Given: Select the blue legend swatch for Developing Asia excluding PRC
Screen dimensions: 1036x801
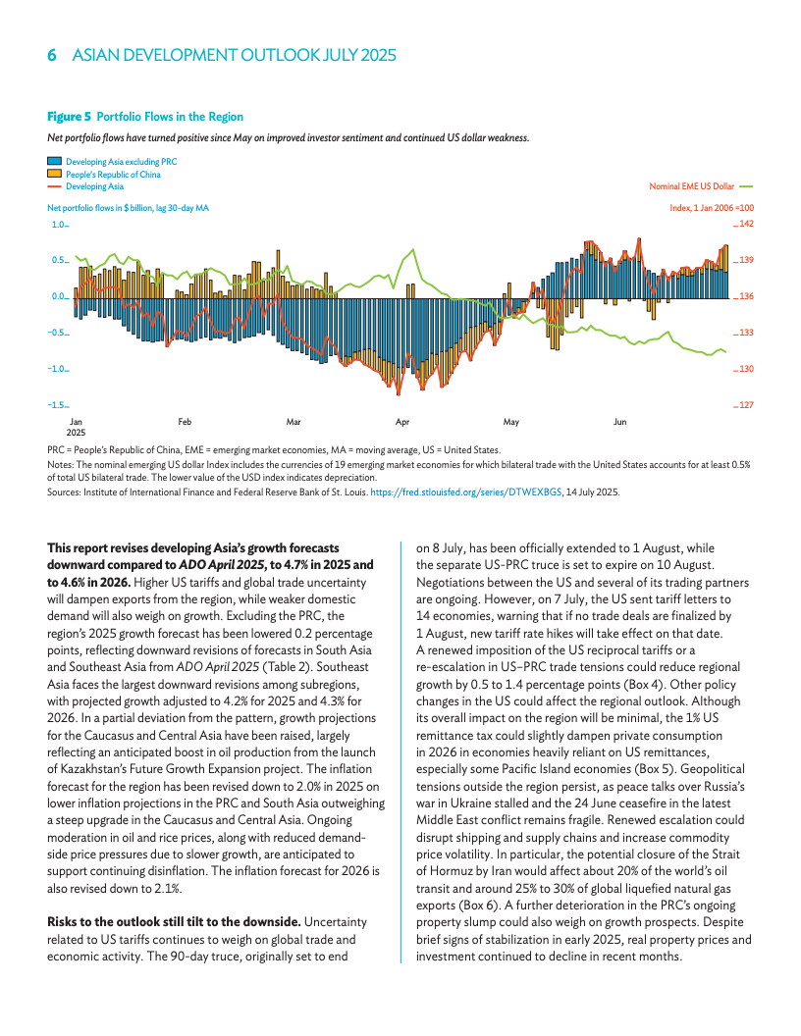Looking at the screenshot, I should (x=54, y=161).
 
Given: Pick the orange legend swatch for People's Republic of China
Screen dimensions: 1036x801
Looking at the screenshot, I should (x=54, y=174).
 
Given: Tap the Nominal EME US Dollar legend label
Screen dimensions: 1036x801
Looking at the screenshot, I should (x=691, y=185).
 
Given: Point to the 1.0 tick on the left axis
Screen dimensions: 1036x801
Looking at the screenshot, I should (x=58, y=225).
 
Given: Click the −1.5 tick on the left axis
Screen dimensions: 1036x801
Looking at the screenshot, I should (x=57, y=405).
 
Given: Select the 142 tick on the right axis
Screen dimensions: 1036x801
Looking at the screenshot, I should (x=746, y=225).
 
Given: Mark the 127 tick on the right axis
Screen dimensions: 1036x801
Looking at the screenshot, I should (x=746, y=405).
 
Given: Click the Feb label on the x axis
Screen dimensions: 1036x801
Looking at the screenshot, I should (x=185, y=422).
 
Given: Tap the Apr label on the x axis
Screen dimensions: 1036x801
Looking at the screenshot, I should (x=401, y=422).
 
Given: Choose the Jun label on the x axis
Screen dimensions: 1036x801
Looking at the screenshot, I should (x=619, y=422).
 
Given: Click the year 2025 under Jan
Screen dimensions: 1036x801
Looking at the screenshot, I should (x=77, y=433).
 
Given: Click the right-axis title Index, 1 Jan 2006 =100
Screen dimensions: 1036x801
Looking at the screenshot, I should (x=711, y=208).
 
